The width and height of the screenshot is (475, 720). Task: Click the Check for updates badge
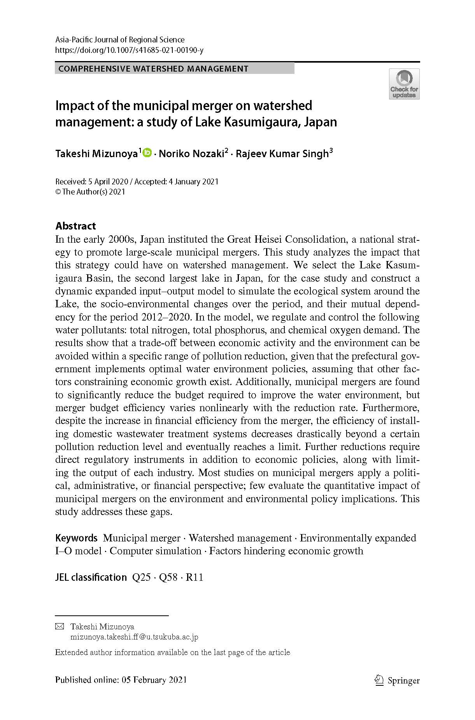click(404, 84)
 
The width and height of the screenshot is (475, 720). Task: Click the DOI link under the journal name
click(129, 50)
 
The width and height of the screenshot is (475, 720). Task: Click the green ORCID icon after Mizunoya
click(147, 153)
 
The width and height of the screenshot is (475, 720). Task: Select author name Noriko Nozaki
click(191, 154)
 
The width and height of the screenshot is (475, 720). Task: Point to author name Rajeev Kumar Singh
click(282, 154)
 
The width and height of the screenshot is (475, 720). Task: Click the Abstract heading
click(75, 226)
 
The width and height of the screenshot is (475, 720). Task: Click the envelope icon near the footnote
click(60, 627)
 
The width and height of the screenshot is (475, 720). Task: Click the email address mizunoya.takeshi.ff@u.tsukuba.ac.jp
click(134, 637)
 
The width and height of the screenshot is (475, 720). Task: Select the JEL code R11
click(195, 577)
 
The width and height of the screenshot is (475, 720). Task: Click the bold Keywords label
click(76, 538)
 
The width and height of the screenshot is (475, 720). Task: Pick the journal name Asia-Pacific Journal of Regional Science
click(120, 40)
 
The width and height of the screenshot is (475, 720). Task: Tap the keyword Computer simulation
click(155, 551)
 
